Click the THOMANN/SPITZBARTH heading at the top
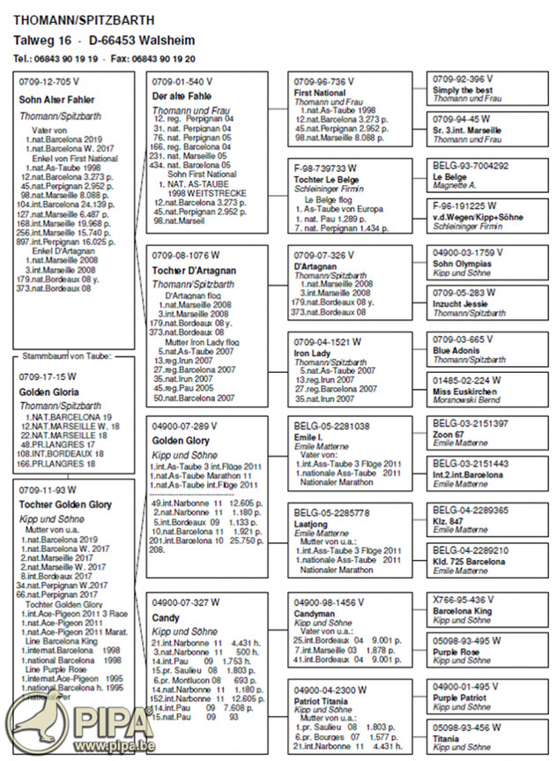(84, 19)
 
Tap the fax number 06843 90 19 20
(165, 58)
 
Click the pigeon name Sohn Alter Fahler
(56, 100)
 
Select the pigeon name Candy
(165, 618)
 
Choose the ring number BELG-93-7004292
(471, 165)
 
